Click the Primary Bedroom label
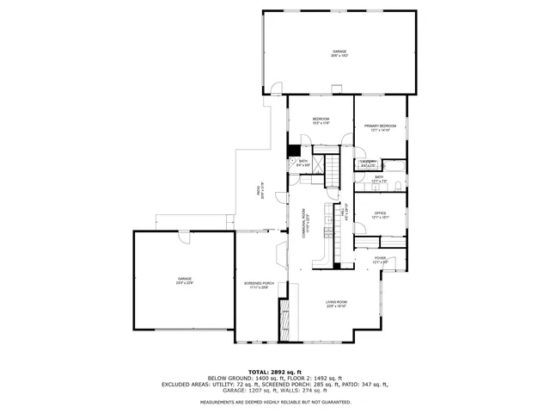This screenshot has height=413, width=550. click(379, 126)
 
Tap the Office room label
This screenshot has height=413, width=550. click(379, 213)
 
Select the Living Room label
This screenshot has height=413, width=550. click(335, 302)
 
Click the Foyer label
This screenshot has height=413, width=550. click(379, 258)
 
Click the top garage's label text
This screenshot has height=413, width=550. click(339, 52)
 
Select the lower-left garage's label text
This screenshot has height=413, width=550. click(184, 279)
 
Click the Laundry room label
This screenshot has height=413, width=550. click(367, 162)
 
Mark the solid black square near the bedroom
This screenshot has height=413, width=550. click(293, 146)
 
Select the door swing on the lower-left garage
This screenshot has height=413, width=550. click(181, 237)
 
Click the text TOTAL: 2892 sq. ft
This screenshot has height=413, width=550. click(275, 372)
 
